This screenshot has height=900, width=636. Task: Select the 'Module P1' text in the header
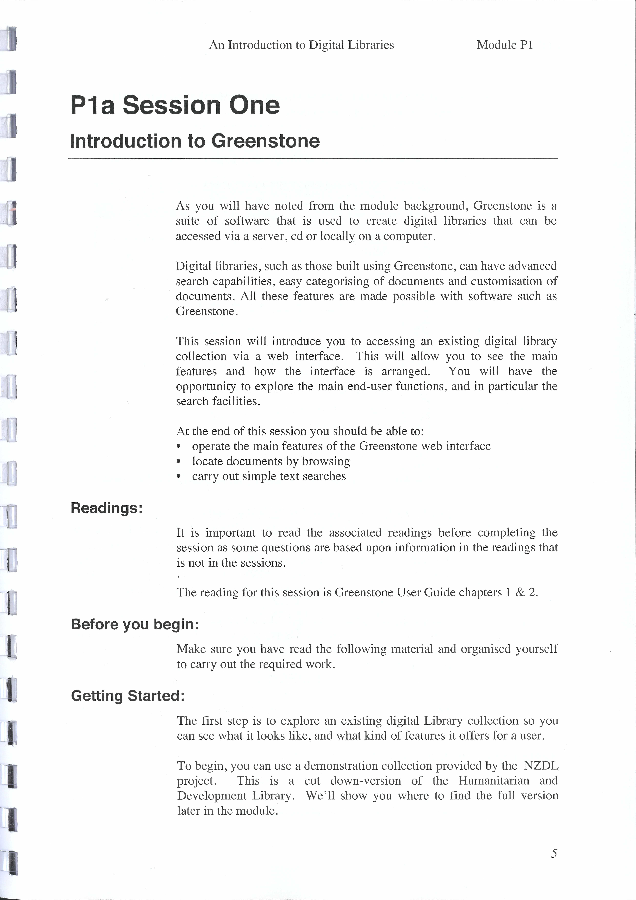point(505,45)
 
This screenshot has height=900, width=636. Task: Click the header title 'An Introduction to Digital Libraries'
point(301,45)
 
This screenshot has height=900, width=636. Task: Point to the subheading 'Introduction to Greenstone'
point(195,141)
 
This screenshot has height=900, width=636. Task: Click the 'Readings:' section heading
point(106,508)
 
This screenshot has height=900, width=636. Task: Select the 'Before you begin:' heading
point(135,624)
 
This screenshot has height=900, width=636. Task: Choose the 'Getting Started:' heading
point(128,696)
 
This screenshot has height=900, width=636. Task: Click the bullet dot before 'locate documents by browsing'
point(179,462)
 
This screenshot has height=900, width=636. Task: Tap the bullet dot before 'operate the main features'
point(179,447)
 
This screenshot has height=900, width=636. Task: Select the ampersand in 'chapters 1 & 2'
point(520,592)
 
